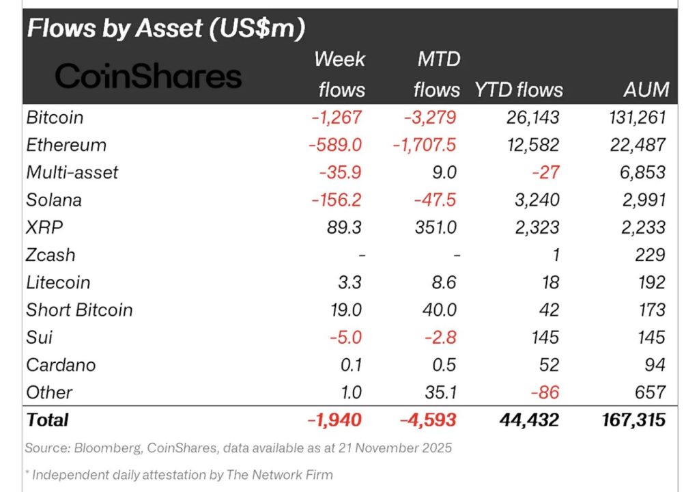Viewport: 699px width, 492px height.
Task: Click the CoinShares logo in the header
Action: [x=148, y=77]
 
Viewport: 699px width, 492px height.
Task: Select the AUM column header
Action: [x=646, y=90]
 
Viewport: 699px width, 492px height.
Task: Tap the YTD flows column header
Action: [x=519, y=90]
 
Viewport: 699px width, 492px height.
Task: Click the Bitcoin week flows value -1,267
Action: [x=337, y=118]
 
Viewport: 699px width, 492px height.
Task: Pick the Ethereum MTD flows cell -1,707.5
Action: [x=423, y=145]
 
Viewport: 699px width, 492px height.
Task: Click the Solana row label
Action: [x=54, y=200]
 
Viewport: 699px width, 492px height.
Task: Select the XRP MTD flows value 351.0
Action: [x=436, y=228]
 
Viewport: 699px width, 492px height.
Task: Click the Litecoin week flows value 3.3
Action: [x=349, y=282]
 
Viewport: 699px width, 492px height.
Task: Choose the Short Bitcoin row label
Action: [x=79, y=310]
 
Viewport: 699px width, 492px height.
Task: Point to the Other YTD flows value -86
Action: [x=545, y=392]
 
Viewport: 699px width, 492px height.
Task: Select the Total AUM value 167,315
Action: [x=629, y=420]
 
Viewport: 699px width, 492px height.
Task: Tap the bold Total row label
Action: [x=47, y=420]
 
